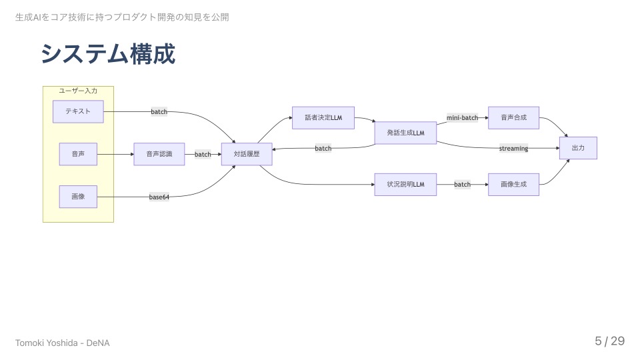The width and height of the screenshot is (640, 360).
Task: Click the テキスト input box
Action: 78,112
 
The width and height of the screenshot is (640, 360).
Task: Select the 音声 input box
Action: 78,154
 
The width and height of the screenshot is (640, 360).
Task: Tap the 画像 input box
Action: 78,197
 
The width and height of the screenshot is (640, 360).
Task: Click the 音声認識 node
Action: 159,154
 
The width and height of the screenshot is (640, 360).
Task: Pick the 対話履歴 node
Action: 247,154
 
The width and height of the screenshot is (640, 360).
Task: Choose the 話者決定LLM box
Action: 323,118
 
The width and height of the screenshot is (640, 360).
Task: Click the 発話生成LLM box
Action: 405,133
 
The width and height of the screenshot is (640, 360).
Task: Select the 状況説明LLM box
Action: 405,184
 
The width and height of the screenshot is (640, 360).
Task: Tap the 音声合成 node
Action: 513,118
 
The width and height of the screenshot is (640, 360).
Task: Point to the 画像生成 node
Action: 513,184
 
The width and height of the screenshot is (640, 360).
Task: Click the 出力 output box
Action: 578,148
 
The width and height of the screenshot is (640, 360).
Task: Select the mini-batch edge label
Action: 463,118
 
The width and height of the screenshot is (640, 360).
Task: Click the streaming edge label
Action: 513,148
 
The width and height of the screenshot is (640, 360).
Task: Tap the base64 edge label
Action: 159,197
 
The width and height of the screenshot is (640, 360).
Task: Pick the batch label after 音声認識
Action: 203,155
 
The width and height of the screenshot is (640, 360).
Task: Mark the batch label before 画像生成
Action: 462,184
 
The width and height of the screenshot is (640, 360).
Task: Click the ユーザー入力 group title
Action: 78,91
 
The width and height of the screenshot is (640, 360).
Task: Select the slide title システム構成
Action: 108,54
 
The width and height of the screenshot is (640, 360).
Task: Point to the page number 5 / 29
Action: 609,341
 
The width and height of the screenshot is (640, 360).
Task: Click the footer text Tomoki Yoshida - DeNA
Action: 63,343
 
